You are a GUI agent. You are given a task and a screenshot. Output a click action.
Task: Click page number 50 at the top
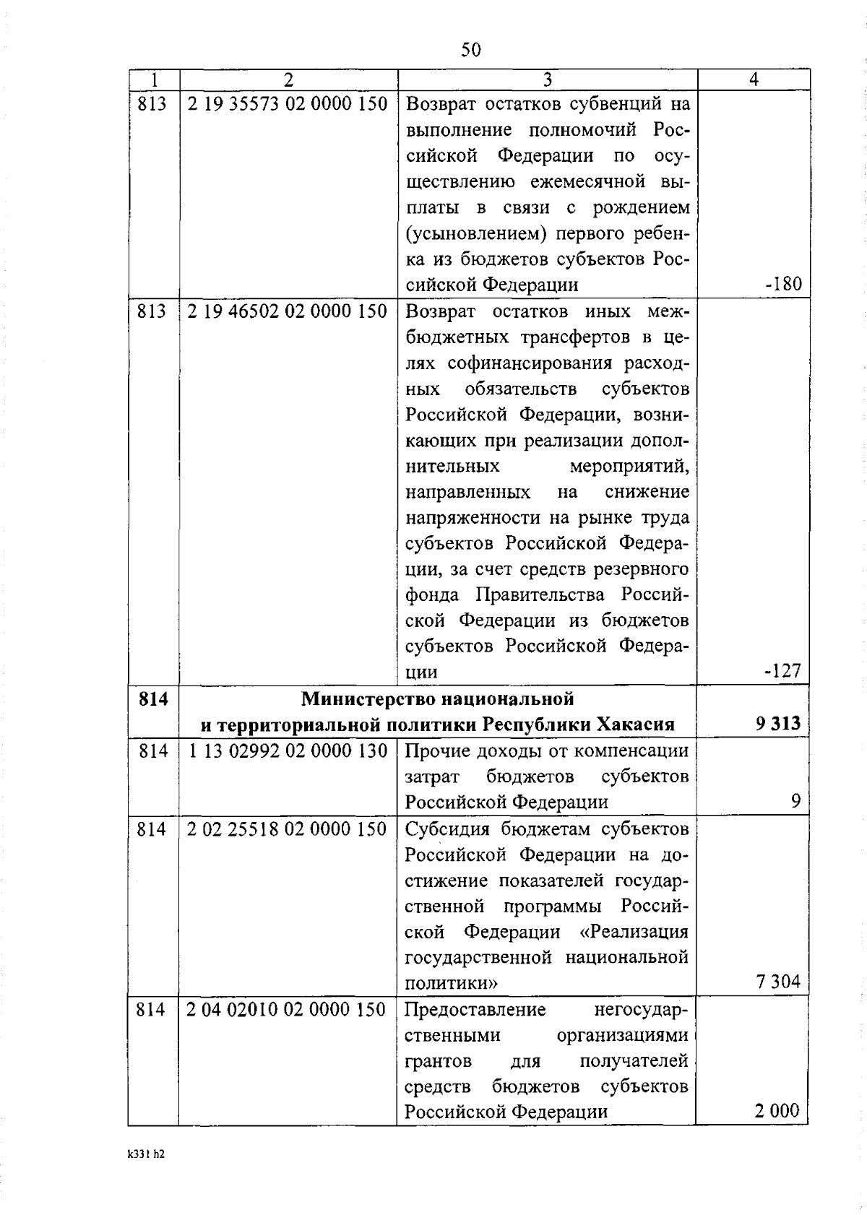pos(470,50)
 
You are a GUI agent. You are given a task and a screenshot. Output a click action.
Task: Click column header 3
pos(547,79)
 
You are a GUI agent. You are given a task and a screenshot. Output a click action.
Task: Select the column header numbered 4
pos(753,79)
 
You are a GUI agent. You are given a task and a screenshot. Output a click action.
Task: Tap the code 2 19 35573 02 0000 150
pos(288,104)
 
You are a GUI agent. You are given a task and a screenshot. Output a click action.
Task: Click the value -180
pos(783,284)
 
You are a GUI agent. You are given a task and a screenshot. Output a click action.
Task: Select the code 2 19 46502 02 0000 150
pos(288,311)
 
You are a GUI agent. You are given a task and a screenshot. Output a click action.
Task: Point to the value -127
pos(783,671)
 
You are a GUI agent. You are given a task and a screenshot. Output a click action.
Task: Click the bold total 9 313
pos(778,724)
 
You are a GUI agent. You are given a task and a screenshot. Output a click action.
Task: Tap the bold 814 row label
pos(152,699)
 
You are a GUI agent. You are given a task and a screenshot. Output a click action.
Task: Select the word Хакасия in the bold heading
pos(636,724)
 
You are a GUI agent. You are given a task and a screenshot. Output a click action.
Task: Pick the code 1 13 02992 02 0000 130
pos(288,751)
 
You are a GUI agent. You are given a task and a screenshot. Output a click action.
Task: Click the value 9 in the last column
pos(795,801)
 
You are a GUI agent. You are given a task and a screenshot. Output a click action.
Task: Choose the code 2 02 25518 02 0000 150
pos(288,829)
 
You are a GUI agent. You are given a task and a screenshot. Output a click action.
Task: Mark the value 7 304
pos(778,982)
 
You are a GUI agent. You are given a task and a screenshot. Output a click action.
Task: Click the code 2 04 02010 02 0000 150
pos(288,1010)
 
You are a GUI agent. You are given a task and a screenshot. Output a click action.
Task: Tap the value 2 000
pos(777,1110)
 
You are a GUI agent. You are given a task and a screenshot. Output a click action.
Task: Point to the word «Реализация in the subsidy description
pos(634,932)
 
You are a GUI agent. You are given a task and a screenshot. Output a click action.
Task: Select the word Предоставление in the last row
pos(475,1010)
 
